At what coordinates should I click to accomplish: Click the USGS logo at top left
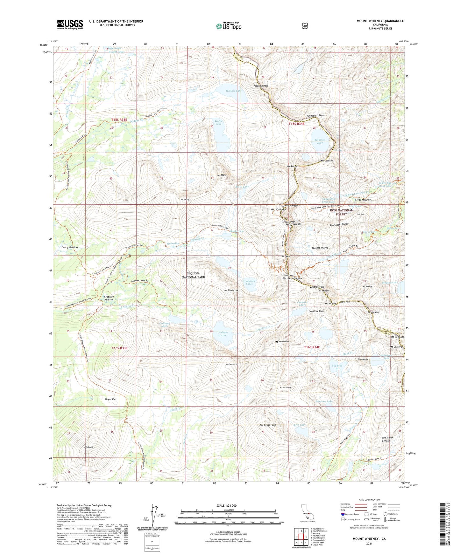(x=70, y=24)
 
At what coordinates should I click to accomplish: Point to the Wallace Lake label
(x=234, y=91)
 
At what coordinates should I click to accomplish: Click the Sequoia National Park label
(x=193, y=275)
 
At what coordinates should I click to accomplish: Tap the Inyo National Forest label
(x=341, y=212)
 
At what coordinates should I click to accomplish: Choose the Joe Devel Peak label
(x=267, y=425)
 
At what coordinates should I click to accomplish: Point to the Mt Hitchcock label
(x=231, y=290)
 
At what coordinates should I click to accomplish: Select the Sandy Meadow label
(x=70, y=247)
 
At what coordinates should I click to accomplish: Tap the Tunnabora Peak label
(x=315, y=115)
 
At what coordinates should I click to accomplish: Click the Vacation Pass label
(x=260, y=86)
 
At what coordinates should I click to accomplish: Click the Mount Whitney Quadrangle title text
(x=380, y=21)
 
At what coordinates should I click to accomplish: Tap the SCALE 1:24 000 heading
(x=226, y=505)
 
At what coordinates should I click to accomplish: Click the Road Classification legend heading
(x=369, y=500)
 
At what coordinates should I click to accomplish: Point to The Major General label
(x=387, y=439)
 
